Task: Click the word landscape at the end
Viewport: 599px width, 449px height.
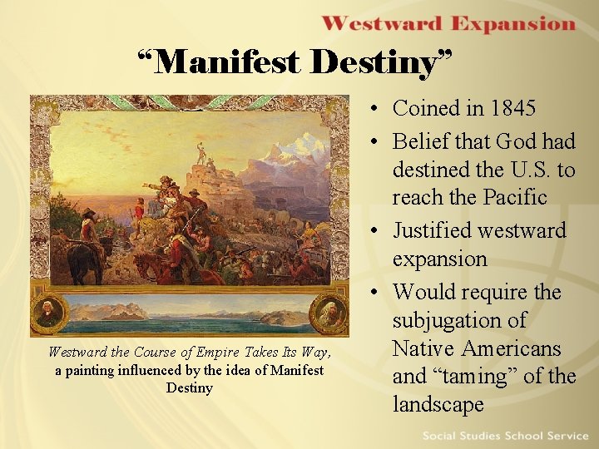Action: pos(438,405)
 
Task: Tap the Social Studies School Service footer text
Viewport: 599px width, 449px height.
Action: pos(505,436)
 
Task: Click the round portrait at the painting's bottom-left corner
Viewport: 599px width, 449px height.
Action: pos(48,313)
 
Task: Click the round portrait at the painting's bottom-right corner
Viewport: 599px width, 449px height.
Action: pos(328,313)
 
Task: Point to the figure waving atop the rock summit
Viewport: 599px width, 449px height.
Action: pos(200,154)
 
